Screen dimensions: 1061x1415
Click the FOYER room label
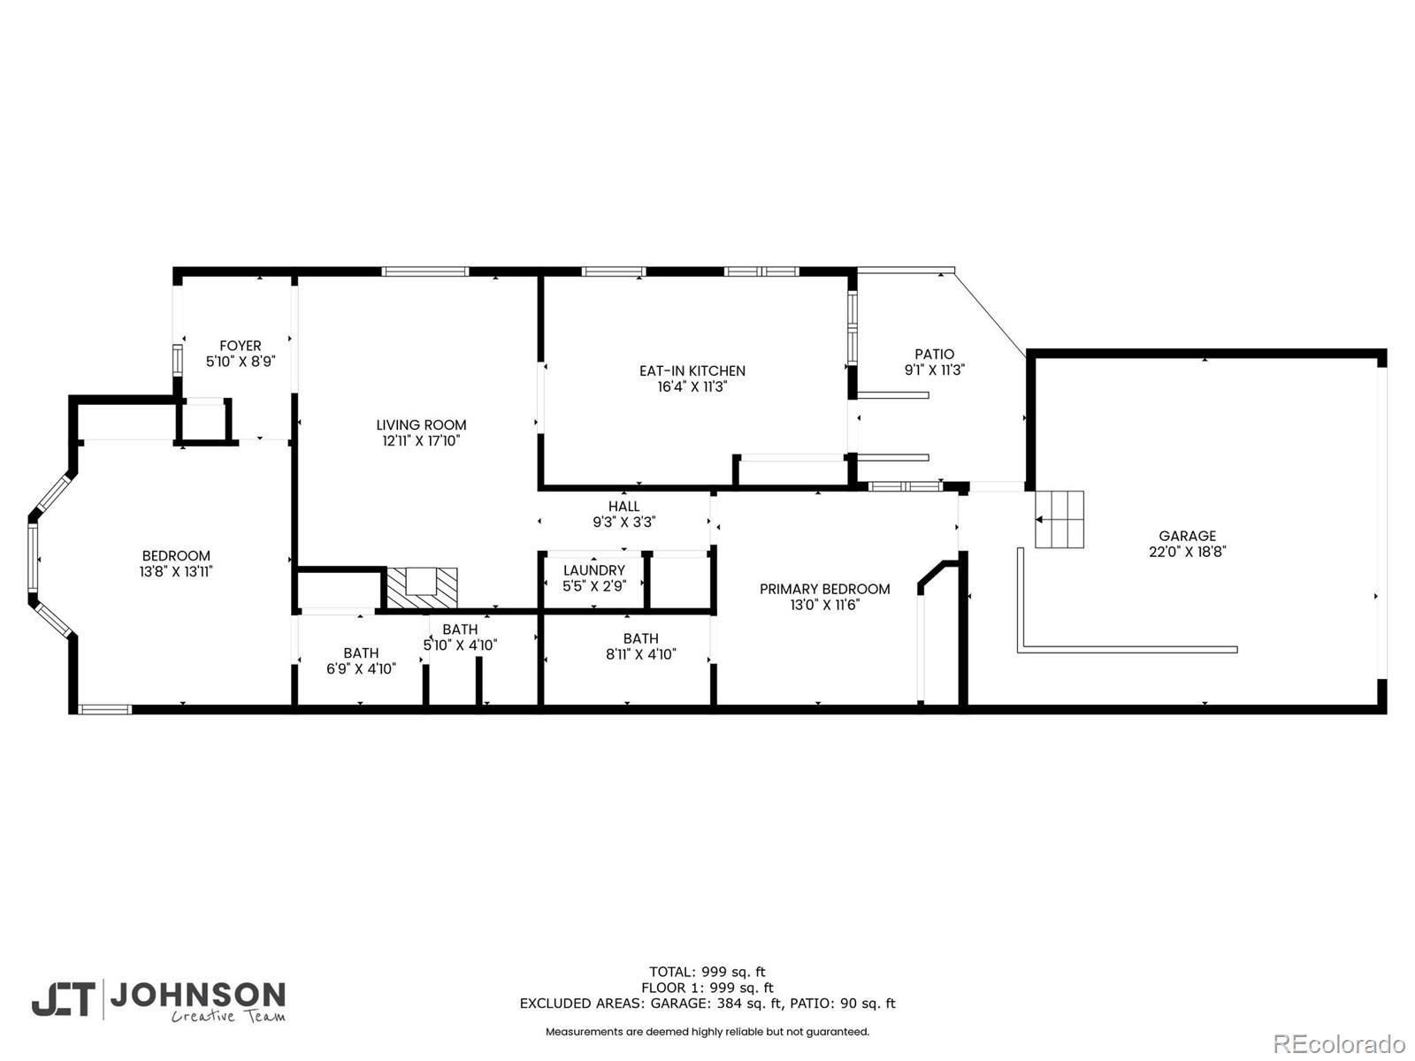240,346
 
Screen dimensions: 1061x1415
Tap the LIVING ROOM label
421,425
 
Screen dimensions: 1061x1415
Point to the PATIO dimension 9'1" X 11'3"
934,370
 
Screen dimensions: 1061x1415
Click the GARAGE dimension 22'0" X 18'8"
1187,552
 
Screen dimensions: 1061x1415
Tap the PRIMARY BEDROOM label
824,589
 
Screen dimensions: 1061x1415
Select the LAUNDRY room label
593,570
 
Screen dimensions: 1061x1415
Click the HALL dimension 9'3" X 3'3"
623,523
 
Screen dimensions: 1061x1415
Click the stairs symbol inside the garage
1059,519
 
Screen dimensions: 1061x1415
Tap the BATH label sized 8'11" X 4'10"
640,638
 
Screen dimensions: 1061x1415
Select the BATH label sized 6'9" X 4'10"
361,653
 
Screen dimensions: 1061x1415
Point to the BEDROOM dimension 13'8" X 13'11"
176,572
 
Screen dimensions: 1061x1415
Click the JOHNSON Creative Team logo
159,1001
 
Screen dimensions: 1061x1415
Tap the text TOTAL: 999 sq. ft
707,972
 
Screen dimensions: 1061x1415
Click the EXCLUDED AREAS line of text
707,1004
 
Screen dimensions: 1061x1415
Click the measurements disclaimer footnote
707,1032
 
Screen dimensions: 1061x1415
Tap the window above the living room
425,271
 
